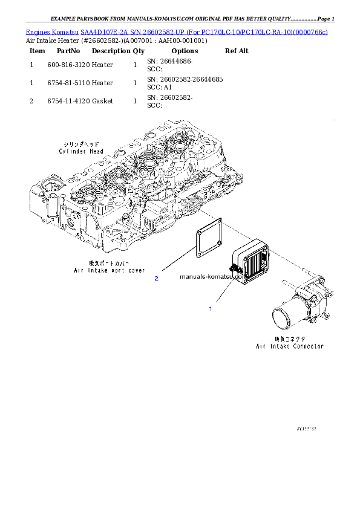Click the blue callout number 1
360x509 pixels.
click(x=210, y=309)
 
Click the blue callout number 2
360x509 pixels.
click(x=156, y=278)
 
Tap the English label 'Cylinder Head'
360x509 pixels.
click(x=81, y=152)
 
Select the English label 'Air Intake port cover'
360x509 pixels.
click(x=108, y=270)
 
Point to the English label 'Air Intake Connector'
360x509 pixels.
click(x=290, y=346)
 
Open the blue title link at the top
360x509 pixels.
click(x=177, y=31)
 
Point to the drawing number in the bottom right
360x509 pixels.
click(x=306, y=428)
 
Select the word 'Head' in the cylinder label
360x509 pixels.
click(x=96, y=152)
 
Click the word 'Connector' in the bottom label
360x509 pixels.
click(x=306, y=346)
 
